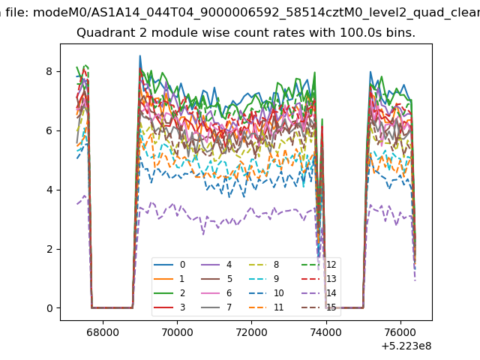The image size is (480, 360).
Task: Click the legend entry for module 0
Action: click(169, 265)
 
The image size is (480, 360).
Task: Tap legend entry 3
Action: click(169, 307)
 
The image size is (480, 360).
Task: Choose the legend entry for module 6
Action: click(217, 293)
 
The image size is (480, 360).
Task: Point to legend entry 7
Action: click(217, 307)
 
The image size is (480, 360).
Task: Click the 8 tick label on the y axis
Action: click(49, 71)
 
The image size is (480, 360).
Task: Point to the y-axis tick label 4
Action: click(49, 190)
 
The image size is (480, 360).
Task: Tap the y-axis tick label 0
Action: click(49, 308)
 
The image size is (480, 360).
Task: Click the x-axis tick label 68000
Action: click(103, 332)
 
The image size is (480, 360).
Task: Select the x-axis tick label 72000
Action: click(252, 332)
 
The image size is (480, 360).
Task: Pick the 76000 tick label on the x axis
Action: click(400, 332)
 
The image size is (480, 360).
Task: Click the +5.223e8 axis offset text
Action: click(406, 346)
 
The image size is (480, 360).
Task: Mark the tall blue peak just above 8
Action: click(140, 56)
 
